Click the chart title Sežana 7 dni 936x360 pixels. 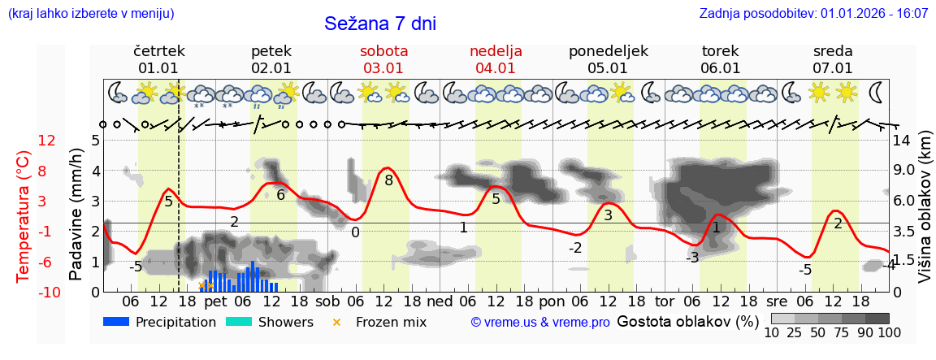pos(380,24)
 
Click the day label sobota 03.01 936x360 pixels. pos(383,60)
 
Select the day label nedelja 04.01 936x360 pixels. pos(496,60)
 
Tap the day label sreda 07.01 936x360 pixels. pos(833,60)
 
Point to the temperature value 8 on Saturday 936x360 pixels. pos(389,180)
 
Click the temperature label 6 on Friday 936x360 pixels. pos(281,194)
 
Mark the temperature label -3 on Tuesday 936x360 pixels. pos(691,258)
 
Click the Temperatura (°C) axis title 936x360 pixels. pos(24,215)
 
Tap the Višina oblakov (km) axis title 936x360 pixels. pos(925,215)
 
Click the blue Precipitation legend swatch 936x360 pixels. pos(116,322)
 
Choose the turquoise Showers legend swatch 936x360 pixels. pos(239,322)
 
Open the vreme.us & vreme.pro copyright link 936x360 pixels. pos(540,322)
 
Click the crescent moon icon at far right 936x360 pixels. pos(878,91)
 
